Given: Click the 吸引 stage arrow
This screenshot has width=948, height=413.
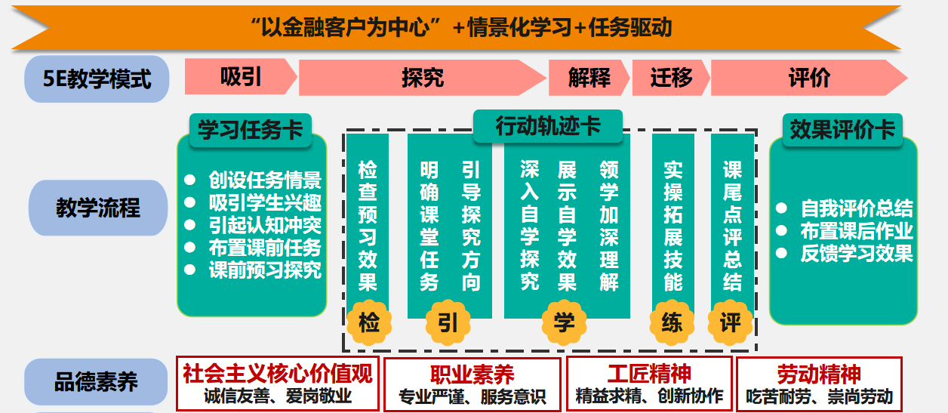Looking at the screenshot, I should coord(241,77).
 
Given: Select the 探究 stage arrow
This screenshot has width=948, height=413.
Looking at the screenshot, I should coord(422,77).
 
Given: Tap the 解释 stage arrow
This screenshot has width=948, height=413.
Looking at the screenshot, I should coord(589,77).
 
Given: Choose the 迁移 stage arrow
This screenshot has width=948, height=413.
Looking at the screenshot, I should coord(670,77).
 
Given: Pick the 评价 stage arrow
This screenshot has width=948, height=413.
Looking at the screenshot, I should coord(808,77).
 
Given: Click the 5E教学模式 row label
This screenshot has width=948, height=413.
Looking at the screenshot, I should coord(97,79).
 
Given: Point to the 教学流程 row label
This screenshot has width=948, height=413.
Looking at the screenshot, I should coord(97,208).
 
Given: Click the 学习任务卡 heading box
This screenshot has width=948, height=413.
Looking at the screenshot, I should coord(250,129).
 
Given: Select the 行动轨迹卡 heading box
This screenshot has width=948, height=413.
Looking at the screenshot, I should coord(548,126).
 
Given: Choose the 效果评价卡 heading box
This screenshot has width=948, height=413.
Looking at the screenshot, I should coord(842,129).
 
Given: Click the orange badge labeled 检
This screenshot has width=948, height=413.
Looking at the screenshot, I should coord(369,323).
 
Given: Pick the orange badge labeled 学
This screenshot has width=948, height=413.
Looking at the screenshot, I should coord(564,323).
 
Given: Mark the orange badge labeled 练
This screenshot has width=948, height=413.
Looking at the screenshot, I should coord(671,323).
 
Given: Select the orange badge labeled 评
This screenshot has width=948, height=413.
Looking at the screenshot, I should coord(730,323).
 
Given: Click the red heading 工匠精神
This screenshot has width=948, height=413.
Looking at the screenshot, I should coord(649,374).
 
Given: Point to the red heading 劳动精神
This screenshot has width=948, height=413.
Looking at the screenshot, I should coord(819,374).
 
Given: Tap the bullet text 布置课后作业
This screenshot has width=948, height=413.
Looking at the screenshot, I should coord(856,231).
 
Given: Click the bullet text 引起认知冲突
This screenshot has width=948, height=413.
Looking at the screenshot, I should coord(264,225).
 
